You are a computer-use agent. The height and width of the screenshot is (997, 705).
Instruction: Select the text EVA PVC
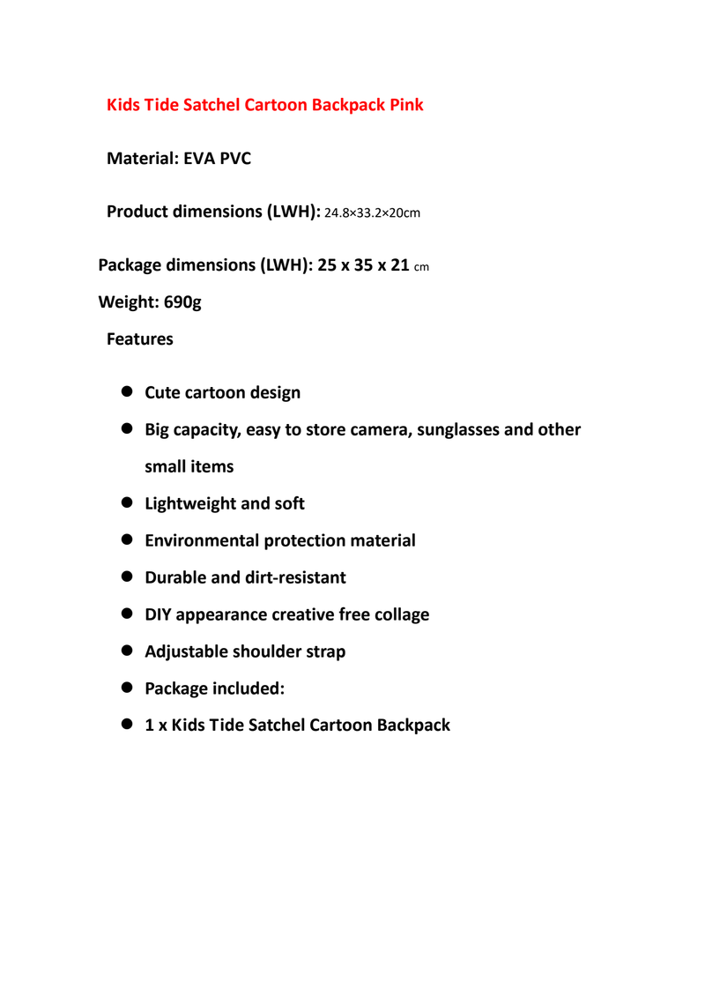click(217, 160)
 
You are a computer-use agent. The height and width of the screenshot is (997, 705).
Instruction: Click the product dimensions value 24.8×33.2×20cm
click(373, 213)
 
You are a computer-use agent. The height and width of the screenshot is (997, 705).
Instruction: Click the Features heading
click(139, 339)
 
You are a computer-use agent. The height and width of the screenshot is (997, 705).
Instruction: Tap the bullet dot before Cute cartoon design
click(126, 391)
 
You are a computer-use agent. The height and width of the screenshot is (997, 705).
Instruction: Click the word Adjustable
click(185, 651)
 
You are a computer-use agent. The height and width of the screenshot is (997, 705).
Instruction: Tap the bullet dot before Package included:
click(126, 688)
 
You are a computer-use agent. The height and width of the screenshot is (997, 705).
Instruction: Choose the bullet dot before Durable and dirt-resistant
click(126, 577)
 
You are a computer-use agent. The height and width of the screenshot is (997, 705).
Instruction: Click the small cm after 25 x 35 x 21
click(421, 267)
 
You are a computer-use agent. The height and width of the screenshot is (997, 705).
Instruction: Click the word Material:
click(142, 160)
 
